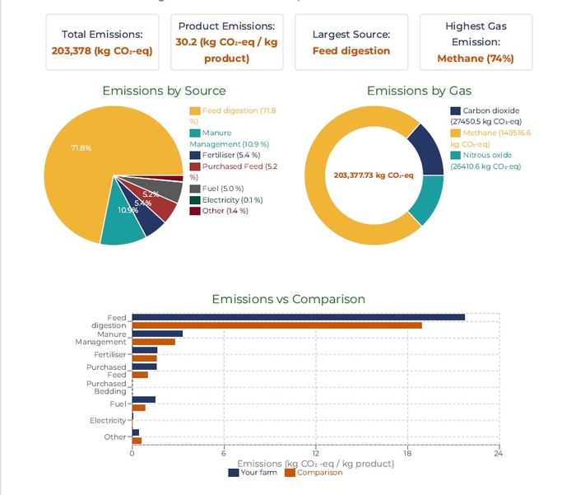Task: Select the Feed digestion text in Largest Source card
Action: click(351, 51)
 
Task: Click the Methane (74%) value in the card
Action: click(476, 58)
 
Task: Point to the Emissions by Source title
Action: click(164, 91)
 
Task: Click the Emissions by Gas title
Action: click(419, 91)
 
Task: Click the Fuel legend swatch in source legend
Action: click(194, 189)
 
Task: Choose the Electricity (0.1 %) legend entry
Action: click(227, 200)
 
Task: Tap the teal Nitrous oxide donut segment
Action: click(428, 199)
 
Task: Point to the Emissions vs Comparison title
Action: click(288, 299)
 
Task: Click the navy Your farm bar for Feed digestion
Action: click(298, 317)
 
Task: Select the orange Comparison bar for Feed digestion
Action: click(276, 325)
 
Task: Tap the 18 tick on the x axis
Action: click(406, 453)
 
